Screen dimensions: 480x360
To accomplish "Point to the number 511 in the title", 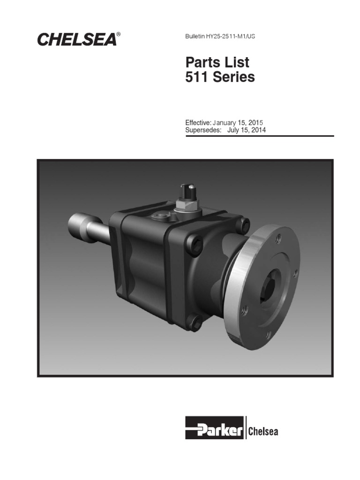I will (197, 77).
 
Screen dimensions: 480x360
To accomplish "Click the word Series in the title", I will (234, 77).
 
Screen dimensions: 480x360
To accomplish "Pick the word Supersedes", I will (203, 130).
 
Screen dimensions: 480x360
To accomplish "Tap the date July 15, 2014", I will (247, 130).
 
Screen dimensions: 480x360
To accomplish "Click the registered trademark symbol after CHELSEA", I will (119, 34).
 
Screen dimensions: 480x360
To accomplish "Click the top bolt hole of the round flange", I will (278, 239).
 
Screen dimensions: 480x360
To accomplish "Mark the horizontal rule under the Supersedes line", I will (260, 136).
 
